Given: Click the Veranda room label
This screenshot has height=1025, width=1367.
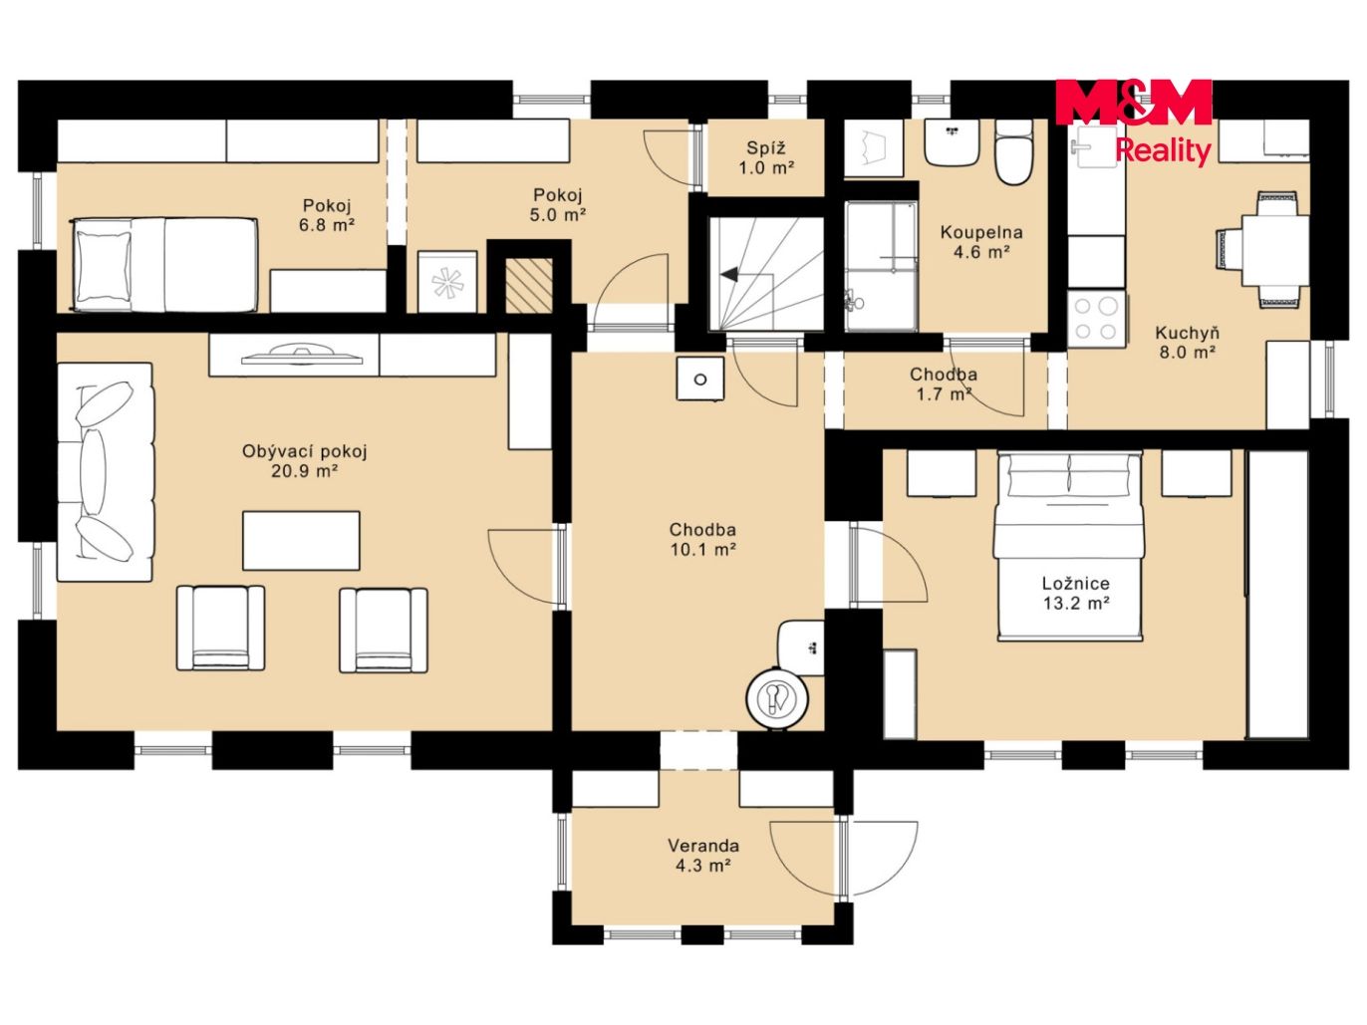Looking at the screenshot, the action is tap(703, 845).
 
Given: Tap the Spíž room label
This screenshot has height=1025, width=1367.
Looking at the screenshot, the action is tap(766, 147).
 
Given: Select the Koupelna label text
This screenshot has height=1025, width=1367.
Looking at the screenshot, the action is tap(980, 233).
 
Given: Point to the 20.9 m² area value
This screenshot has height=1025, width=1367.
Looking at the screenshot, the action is tap(305, 471).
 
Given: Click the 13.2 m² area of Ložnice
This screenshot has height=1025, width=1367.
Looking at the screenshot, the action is tap(1076, 603).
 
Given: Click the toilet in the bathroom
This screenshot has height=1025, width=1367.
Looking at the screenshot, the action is tap(1013, 151).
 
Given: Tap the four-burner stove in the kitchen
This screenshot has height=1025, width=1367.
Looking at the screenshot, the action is tap(1095, 319).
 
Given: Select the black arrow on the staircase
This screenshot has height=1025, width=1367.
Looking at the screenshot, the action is tap(728, 275).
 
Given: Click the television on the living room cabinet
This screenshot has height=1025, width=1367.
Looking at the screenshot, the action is tap(302, 354).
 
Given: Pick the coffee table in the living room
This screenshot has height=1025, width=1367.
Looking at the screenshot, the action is tap(301, 540).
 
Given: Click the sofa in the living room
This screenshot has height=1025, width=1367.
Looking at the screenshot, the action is tap(105, 472).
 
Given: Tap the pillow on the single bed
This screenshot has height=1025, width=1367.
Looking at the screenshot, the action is tap(104, 266).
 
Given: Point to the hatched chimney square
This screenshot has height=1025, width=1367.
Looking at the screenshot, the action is tap(529, 286).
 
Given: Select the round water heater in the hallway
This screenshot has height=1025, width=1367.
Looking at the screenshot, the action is tap(777, 697).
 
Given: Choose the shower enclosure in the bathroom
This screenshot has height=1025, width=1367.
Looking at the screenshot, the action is tap(881, 266).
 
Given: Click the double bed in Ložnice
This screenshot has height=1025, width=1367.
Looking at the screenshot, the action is tap(1069, 546).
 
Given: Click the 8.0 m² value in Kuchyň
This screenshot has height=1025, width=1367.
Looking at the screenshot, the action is tap(1188, 353).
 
